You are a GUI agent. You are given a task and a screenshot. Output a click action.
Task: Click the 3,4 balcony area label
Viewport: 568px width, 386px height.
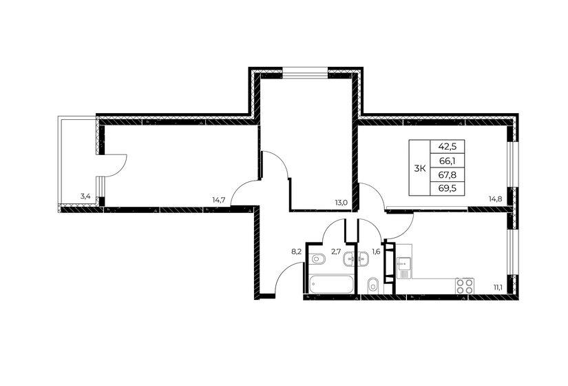click(85, 196)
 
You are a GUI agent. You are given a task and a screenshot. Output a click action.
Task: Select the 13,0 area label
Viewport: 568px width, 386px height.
click(341, 203)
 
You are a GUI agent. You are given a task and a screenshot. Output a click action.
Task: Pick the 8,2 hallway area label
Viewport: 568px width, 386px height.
click(297, 252)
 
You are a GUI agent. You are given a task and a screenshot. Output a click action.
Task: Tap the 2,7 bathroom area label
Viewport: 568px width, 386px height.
click(337, 252)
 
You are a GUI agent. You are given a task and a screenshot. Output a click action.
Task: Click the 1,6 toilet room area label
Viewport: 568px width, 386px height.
click(376, 252)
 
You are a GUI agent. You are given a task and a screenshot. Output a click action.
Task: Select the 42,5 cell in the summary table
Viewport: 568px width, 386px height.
click(448, 147)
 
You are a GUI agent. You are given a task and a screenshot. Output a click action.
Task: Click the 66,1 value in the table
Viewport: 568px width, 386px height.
click(448, 161)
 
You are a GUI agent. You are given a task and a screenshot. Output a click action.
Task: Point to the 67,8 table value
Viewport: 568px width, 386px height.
click(448, 175)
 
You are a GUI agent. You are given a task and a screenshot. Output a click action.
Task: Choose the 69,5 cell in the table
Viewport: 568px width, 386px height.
click(448, 189)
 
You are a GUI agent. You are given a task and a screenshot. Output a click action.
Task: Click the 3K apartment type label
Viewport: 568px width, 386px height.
click(419, 168)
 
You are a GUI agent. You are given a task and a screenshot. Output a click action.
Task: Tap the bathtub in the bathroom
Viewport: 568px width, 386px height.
click(331, 285)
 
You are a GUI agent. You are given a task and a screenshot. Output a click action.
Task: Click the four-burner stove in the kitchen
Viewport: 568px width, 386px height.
click(465, 286)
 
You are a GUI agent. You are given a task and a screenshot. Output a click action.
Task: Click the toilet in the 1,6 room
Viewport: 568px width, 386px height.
click(372, 285)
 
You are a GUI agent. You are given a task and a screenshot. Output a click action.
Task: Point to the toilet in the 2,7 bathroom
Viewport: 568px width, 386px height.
click(317, 259)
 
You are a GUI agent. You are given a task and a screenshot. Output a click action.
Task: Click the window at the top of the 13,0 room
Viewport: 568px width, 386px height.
click(305, 72)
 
